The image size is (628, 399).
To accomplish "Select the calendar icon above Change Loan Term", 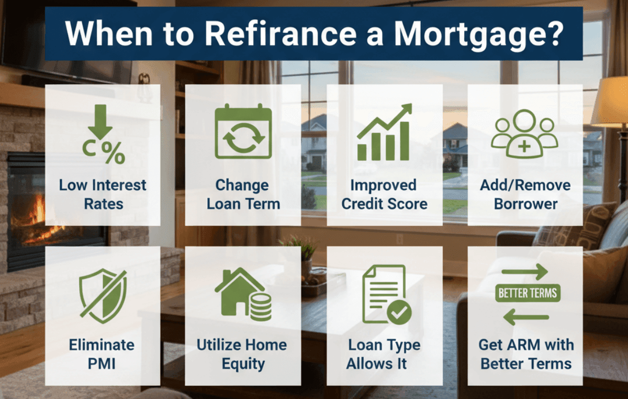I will click(243, 131).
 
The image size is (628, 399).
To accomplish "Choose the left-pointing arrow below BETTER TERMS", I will click(525, 316).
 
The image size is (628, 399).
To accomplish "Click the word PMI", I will click(102, 363).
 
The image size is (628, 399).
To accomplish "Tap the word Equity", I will click(243, 363).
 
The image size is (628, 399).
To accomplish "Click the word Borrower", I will click(525, 203).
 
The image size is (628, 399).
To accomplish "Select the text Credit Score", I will click(385, 203).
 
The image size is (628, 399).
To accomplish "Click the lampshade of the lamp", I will click(610, 102).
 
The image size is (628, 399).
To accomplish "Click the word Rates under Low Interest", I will click(103, 203).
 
